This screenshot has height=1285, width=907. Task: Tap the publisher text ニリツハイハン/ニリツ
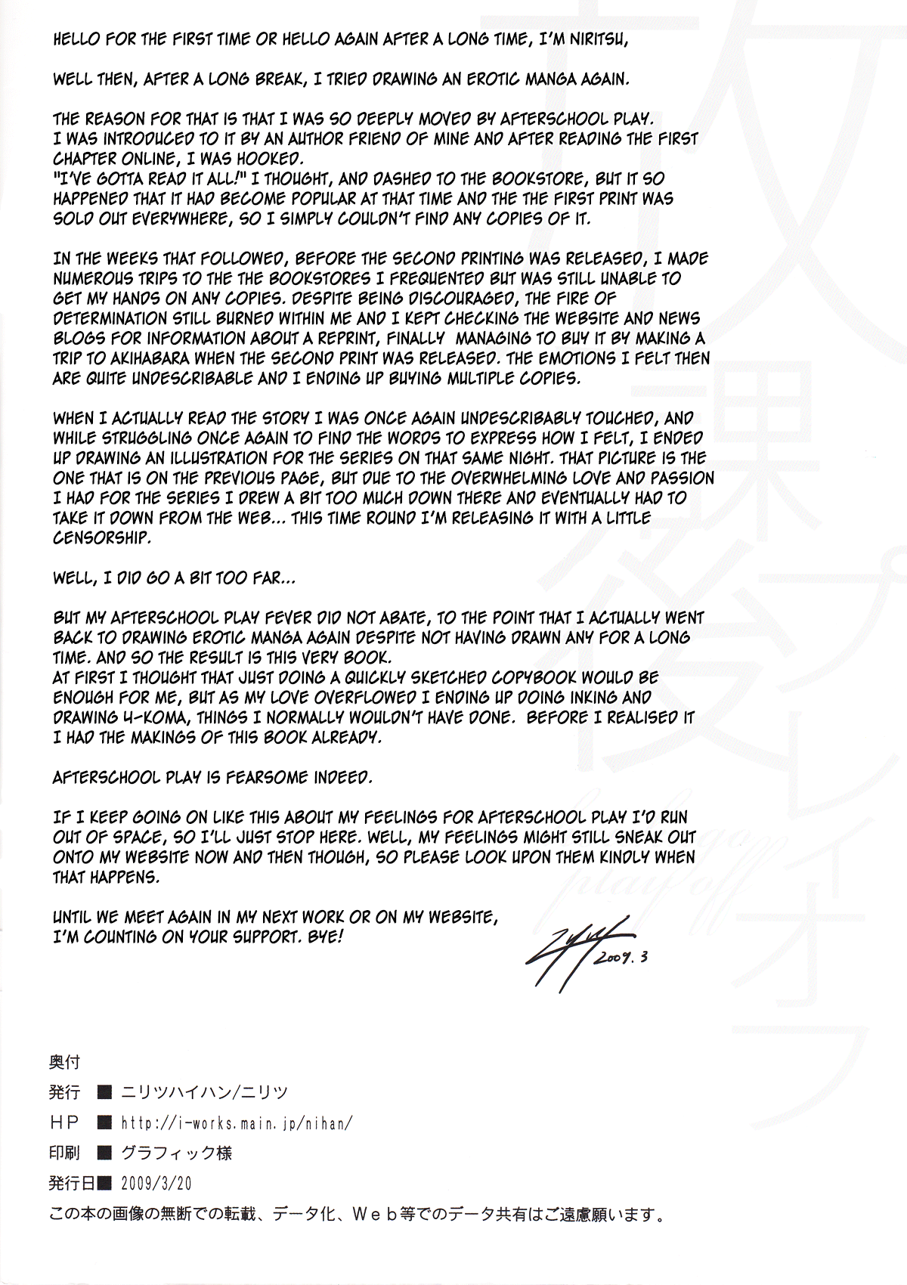point(202,1092)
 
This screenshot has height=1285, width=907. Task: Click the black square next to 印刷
point(105,1153)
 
